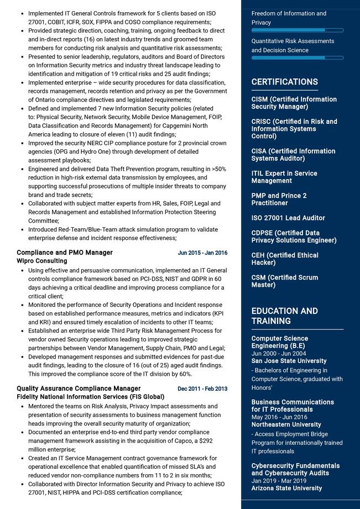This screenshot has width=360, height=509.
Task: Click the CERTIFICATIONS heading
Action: click(x=284, y=82)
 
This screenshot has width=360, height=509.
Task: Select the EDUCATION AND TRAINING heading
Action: click(x=284, y=316)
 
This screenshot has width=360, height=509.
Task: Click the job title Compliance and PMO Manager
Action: click(x=65, y=253)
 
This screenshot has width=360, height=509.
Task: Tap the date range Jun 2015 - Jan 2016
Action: click(x=202, y=253)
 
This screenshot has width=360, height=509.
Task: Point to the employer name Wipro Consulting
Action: click(x=42, y=261)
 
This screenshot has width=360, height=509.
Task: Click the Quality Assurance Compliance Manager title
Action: click(x=79, y=389)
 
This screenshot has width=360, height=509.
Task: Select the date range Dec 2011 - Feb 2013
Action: click(x=202, y=389)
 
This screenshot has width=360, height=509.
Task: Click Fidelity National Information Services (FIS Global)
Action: click(x=90, y=397)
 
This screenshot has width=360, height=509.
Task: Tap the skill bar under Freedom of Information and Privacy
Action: click(x=297, y=30)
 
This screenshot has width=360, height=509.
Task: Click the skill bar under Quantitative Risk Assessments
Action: click(x=297, y=57)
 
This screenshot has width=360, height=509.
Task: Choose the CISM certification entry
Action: click(x=294, y=103)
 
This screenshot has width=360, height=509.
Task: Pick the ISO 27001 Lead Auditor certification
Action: click(x=288, y=218)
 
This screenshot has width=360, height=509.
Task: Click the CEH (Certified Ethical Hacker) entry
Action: click(x=285, y=259)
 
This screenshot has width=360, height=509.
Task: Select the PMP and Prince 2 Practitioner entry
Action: click(x=279, y=199)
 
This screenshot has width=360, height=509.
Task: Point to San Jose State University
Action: click(x=289, y=361)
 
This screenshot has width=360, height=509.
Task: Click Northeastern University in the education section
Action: click(x=286, y=424)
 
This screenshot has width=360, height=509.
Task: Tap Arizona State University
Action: click(x=286, y=488)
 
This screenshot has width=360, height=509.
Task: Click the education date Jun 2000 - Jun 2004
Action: click(x=279, y=354)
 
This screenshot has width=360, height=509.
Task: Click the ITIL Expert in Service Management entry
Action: click(x=284, y=177)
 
